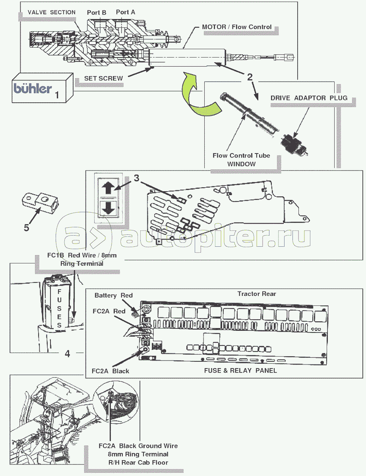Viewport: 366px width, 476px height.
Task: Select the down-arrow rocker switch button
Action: click(107, 207)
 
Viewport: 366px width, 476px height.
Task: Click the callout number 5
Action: click(26, 227)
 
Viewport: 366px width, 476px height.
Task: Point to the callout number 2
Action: click(250, 77)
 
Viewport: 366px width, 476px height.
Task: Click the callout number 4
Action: click(68, 353)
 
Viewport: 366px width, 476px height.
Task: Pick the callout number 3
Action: click(136, 178)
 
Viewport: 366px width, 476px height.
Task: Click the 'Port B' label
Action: click(97, 13)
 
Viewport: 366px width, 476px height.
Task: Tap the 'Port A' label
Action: click(125, 12)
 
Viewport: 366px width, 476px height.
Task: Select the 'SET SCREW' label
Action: click(103, 79)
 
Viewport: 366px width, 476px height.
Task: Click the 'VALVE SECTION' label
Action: click(52, 12)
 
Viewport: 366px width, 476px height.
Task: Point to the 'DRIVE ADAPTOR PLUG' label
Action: click(309, 98)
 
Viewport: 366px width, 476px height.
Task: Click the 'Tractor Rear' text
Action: click(257, 294)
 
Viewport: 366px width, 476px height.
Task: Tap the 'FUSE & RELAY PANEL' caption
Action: click(240, 370)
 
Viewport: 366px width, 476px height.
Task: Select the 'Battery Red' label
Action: click(114, 296)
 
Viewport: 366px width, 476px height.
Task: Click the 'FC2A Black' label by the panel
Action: click(110, 371)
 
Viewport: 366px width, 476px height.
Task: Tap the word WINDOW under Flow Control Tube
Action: click(242, 163)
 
